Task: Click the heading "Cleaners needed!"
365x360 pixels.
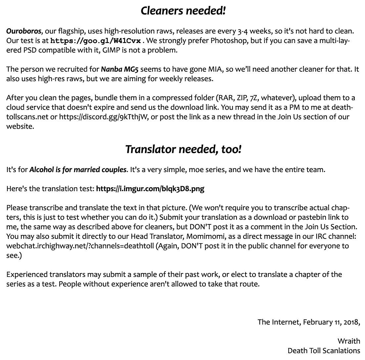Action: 183,11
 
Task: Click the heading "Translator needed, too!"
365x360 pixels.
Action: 183,150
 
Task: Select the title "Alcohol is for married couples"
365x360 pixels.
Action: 78,170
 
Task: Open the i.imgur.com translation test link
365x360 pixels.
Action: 150,189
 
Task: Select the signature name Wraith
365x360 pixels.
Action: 349,341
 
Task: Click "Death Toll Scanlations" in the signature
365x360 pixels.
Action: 324,351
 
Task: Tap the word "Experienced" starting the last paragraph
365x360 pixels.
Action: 27,275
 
